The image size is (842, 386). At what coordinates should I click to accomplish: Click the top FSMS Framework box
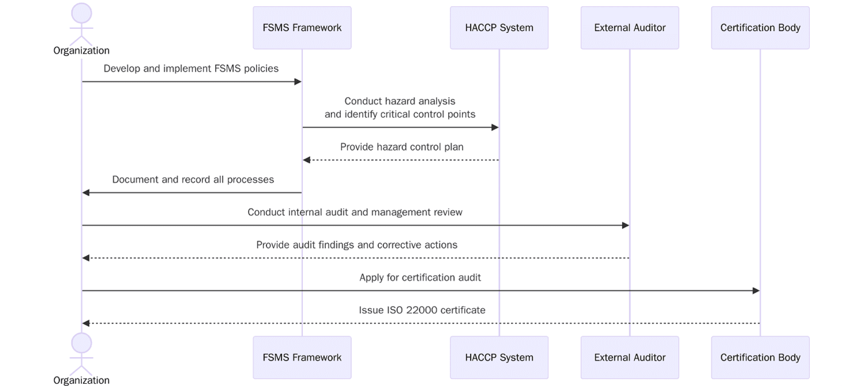(x=302, y=28)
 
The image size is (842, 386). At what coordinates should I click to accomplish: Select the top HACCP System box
(x=499, y=28)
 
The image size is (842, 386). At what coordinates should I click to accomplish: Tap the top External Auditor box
(x=630, y=28)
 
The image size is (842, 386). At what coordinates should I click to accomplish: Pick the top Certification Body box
(x=760, y=28)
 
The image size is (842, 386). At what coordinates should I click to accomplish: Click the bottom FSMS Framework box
(x=302, y=357)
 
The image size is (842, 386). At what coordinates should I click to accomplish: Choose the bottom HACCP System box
(x=499, y=357)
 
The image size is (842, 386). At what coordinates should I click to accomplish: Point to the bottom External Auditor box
(x=630, y=357)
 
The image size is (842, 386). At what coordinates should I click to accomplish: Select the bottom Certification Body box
(x=760, y=357)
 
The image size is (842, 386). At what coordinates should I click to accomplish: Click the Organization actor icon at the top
(x=81, y=23)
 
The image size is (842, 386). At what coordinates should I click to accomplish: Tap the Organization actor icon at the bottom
(x=81, y=352)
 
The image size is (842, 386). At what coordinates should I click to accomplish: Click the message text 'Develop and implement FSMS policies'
(x=191, y=69)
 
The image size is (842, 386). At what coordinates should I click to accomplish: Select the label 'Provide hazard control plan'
(x=401, y=147)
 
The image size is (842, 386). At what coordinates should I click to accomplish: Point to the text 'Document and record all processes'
(x=193, y=179)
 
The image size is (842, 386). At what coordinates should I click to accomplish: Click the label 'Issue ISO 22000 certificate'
(x=422, y=310)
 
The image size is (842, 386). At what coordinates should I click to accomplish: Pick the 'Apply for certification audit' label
(x=420, y=278)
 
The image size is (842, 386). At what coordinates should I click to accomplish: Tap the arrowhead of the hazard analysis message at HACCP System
(x=495, y=128)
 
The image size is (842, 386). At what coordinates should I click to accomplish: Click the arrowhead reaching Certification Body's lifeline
(x=756, y=291)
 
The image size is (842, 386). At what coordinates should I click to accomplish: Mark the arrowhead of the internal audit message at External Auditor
(x=626, y=226)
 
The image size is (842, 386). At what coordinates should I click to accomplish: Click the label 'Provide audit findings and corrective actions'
(x=356, y=245)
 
